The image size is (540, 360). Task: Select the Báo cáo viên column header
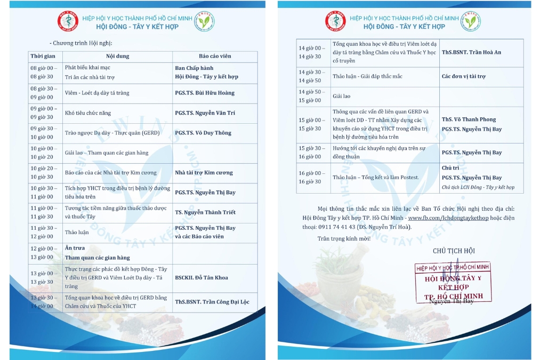211,56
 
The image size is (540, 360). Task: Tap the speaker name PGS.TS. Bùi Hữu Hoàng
205,93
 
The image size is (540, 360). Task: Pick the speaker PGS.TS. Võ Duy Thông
203,133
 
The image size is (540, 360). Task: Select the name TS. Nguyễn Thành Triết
205,212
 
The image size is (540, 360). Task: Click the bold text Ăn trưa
75,249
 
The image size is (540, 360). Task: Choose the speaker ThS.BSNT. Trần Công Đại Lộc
212,302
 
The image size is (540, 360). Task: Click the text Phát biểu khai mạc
87,68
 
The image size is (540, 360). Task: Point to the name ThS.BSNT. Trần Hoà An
471,52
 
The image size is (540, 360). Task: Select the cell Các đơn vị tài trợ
463,76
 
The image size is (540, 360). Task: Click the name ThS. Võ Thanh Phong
469,119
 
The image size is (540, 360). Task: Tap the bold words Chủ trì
450,167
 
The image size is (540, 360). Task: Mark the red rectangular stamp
453,283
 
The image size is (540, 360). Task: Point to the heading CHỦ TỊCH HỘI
454,251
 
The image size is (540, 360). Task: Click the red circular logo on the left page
68,21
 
